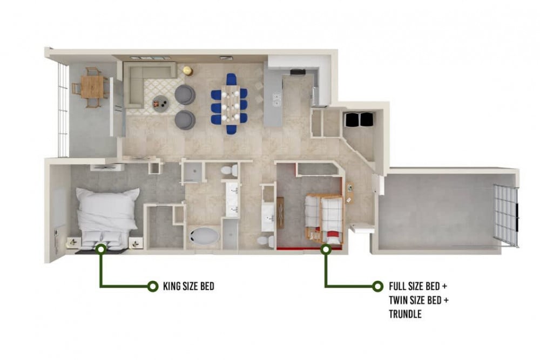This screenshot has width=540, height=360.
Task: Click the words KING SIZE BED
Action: click(x=188, y=286)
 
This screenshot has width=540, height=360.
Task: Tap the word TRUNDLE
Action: click(x=405, y=314)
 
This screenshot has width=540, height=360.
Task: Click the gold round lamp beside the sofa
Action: click(x=187, y=70)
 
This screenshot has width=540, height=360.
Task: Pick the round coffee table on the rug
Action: click(x=160, y=102)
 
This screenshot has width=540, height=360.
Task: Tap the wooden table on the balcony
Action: click(x=92, y=87)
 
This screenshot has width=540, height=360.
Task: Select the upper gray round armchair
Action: click(x=185, y=94)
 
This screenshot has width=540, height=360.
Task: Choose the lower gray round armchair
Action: click(x=185, y=120)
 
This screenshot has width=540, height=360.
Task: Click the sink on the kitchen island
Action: click(x=276, y=99)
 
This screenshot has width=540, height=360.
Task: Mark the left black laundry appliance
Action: click(x=352, y=119)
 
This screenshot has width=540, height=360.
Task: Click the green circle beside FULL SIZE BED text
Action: click(x=377, y=286)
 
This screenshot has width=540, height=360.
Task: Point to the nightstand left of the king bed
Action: click(x=73, y=242)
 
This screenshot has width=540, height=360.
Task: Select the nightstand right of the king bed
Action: click(x=136, y=242)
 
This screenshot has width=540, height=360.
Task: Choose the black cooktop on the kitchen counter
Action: click(x=298, y=72)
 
